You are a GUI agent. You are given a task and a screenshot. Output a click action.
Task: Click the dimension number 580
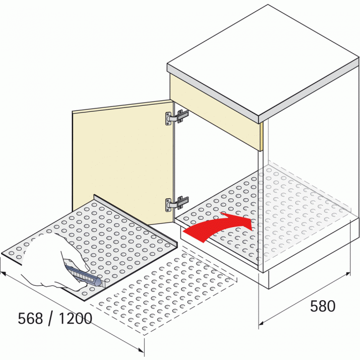point(322,306)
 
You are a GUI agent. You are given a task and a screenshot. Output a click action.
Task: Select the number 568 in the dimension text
point(30,318)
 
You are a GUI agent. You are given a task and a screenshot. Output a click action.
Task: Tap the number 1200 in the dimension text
point(75,318)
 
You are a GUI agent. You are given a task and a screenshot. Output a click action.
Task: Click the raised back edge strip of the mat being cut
point(136,220)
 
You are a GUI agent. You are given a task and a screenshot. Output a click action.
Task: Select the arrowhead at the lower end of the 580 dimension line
point(261,324)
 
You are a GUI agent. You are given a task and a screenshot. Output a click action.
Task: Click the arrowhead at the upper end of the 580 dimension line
point(348,274)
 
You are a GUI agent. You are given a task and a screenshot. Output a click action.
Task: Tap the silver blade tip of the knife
point(103,285)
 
